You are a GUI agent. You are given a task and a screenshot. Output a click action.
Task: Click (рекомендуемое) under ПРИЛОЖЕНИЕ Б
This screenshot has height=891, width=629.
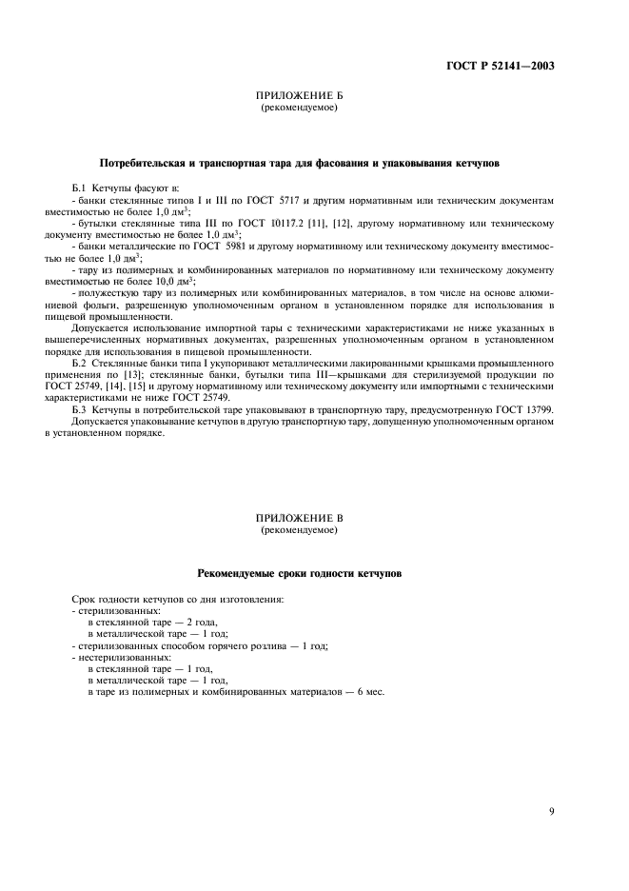(299, 109)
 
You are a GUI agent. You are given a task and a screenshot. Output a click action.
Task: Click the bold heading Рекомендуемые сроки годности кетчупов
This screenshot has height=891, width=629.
(299, 574)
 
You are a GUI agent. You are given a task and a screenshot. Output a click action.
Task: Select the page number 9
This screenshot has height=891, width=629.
(552, 811)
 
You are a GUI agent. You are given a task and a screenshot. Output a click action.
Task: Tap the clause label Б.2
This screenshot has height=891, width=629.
(80, 363)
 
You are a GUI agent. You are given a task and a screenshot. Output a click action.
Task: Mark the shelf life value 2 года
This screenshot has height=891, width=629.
(187, 622)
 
